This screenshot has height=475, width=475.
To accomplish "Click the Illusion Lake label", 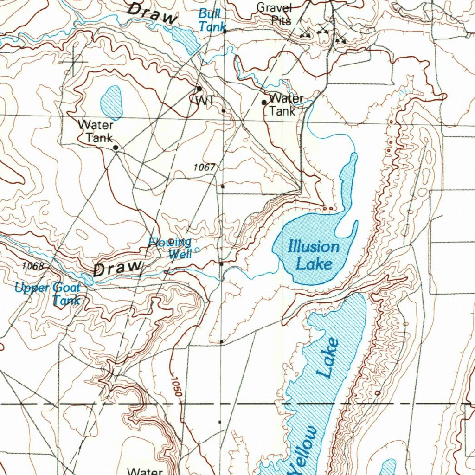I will (314, 255).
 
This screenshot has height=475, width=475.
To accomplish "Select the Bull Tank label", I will (212, 21).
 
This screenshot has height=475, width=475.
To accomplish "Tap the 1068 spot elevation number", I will (32, 266).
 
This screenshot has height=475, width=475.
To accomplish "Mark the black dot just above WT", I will (199, 89).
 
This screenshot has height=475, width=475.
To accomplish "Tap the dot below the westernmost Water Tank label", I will (116, 148).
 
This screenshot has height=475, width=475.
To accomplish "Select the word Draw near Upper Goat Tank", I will (118, 269).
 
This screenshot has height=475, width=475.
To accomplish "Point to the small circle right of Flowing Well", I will (197, 250).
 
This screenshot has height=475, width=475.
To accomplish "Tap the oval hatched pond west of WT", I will (111, 102).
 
